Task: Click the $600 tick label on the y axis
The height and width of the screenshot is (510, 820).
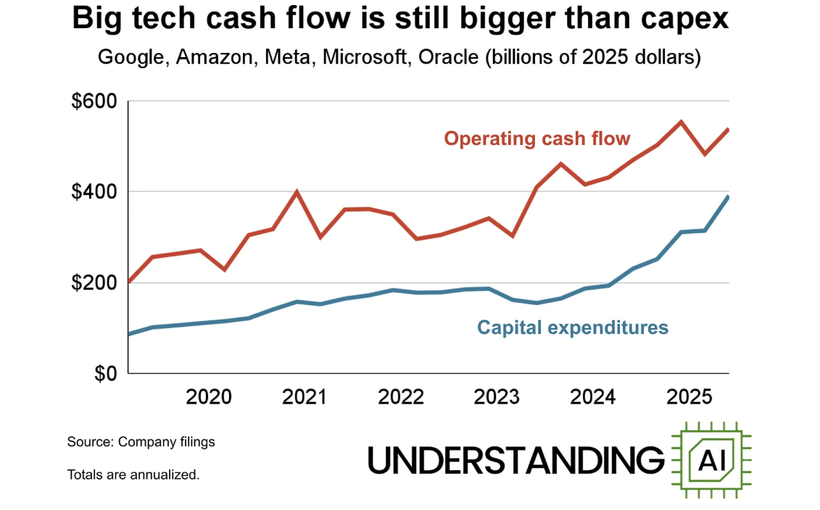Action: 94,101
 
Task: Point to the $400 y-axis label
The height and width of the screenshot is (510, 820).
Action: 94,192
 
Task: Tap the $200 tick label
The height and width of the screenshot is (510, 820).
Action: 94,283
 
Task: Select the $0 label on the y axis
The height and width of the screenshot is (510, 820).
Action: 105,374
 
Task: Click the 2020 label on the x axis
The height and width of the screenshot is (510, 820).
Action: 209,398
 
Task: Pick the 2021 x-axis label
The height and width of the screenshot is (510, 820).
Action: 305,398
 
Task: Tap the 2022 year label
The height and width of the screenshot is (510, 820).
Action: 401,398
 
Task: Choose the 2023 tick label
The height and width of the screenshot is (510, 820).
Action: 497,398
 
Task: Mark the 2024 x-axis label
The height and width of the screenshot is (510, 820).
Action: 592,398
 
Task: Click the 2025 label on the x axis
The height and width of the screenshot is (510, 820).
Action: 689,398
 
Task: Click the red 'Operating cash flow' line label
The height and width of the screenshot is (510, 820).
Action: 537,138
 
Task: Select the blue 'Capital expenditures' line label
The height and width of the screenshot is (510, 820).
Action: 573,327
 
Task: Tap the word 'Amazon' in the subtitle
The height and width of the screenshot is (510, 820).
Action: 211,57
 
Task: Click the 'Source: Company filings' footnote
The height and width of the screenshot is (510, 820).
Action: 141,441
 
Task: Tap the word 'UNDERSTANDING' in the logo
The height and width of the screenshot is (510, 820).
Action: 516,460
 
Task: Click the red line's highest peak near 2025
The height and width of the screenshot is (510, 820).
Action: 681,122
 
